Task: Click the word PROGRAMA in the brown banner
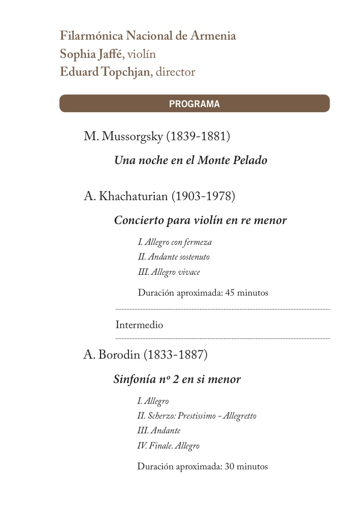[194, 104]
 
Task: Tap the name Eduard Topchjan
[105, 72]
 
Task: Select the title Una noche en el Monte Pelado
[190, 161]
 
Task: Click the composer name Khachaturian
[134, 197]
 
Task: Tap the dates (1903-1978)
[203, 197]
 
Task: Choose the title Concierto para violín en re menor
[200, 220]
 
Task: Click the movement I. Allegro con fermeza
[175, 242]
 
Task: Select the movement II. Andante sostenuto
[173, 257]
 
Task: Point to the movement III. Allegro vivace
[169, 272]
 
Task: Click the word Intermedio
[139, 325]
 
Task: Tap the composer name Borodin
[120, 355]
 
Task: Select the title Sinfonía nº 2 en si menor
[177, 379]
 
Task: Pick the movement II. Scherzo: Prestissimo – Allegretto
[197, 416]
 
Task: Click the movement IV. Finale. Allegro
[168, 446]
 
